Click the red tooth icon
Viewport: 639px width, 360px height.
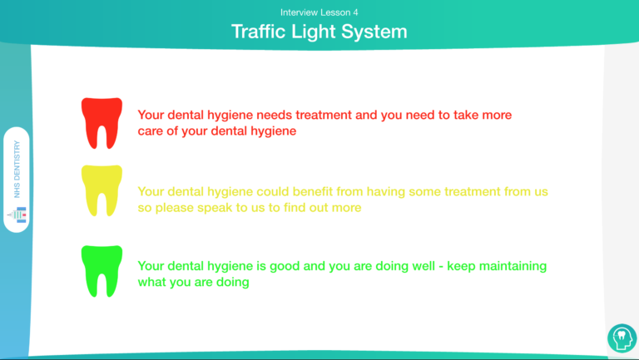(x=102, y=123)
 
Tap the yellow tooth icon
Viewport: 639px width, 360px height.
(x=102, y=190)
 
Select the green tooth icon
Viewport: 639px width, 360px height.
(x=102, y=271)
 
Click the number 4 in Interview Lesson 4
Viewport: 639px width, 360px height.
(x=355, y=12)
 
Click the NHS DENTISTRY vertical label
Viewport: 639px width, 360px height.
(x=17, y=169)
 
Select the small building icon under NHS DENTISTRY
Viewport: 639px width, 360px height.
(x=17, y=215)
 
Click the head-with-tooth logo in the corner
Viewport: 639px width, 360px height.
(x=622, y=338)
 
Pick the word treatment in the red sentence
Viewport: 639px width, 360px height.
(x=324, y=115)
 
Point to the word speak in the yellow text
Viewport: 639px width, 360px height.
(x=215, y=208)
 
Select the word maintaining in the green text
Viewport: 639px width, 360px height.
(x=513, y=266)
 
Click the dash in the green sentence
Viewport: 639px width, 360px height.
(x=440, y=267)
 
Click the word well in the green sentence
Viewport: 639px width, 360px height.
(x=424, y=266)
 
